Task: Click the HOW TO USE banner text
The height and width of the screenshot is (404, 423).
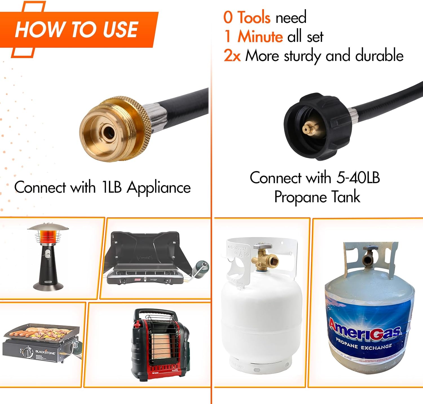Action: click(x=76, y=29)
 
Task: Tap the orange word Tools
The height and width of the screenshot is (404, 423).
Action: click(x=254, y=17)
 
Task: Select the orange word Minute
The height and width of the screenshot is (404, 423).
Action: click(x=260, y=37)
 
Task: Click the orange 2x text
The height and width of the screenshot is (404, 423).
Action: click(x=232, y=56)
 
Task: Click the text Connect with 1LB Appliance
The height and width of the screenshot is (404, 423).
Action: click(x=102, y=187)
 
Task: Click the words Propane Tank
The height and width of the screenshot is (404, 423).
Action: click(x=317, y=197)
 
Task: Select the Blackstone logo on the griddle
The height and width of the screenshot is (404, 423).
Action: click(x=45, y=352)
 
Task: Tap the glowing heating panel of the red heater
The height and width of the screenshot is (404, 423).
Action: click(x=160, y=344)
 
